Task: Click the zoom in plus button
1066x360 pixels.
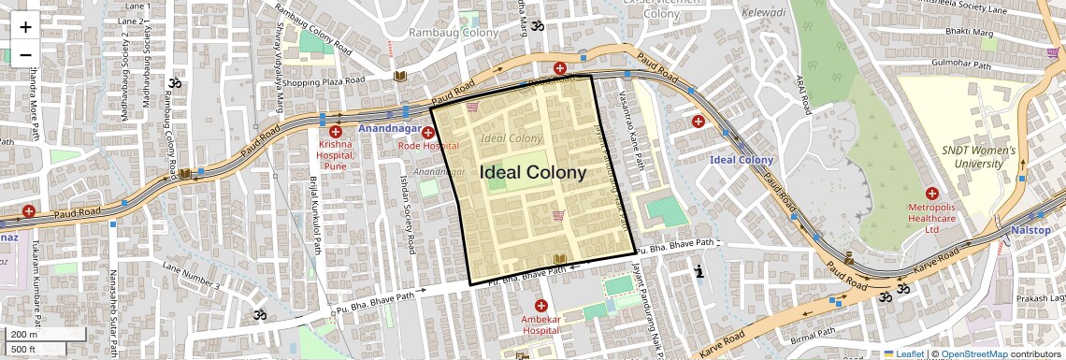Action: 25,27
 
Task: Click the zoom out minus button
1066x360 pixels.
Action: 25,54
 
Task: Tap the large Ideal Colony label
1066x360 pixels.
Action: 533,173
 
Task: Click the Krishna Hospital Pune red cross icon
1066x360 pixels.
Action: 335,132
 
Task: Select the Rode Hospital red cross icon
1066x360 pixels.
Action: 427,133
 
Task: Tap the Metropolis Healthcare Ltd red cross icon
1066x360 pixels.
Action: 931,193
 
